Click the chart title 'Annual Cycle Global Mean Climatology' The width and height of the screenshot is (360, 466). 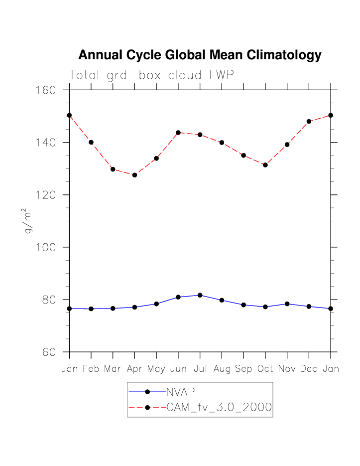[x=200, y=55]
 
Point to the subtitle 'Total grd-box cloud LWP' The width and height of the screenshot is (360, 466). [x=151, y=75]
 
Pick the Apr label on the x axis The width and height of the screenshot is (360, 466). [x=134, y=369]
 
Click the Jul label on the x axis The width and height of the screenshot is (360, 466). [x=200, y=369]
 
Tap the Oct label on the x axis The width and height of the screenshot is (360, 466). [x=265, y=369]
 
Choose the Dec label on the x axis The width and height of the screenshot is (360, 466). [x=309, y=369]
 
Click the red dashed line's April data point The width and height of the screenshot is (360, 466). [x=134, y=175]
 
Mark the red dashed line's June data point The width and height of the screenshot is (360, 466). [x=178, y=133]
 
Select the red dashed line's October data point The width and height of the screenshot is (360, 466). [x=265, y=165]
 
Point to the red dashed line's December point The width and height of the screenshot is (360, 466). [x=309, y=121]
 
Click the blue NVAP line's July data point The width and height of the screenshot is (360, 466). [x=200, y=295]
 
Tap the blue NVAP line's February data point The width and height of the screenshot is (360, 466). [x=91, y=309]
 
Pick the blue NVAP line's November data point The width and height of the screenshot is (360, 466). [x=287, y=304]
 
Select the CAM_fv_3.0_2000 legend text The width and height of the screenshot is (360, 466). [x=219, y=408]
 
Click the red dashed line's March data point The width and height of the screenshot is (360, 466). [x=113, y=169]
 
